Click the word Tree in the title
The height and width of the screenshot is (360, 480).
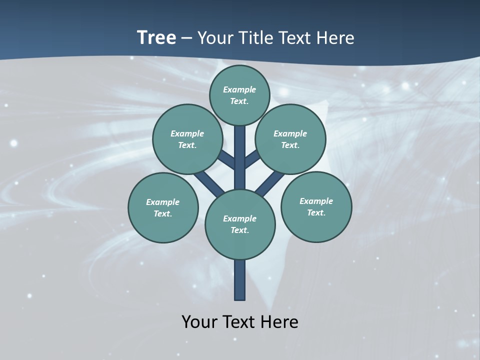156,37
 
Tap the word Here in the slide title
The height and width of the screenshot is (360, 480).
336,38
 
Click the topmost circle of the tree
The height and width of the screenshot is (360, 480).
239,95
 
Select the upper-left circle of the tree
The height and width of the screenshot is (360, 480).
187,139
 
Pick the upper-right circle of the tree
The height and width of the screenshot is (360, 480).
290,139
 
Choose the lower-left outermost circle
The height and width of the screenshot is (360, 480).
163,207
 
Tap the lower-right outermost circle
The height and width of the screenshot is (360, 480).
316,206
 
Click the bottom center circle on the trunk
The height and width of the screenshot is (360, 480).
240,224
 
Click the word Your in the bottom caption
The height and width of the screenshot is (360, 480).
199,322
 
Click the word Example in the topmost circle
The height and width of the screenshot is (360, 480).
239,89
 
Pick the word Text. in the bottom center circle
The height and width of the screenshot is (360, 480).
239,230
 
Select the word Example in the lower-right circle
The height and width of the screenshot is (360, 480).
316,201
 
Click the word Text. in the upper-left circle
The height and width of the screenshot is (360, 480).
187,145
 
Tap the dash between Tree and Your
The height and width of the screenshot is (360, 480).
186,38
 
